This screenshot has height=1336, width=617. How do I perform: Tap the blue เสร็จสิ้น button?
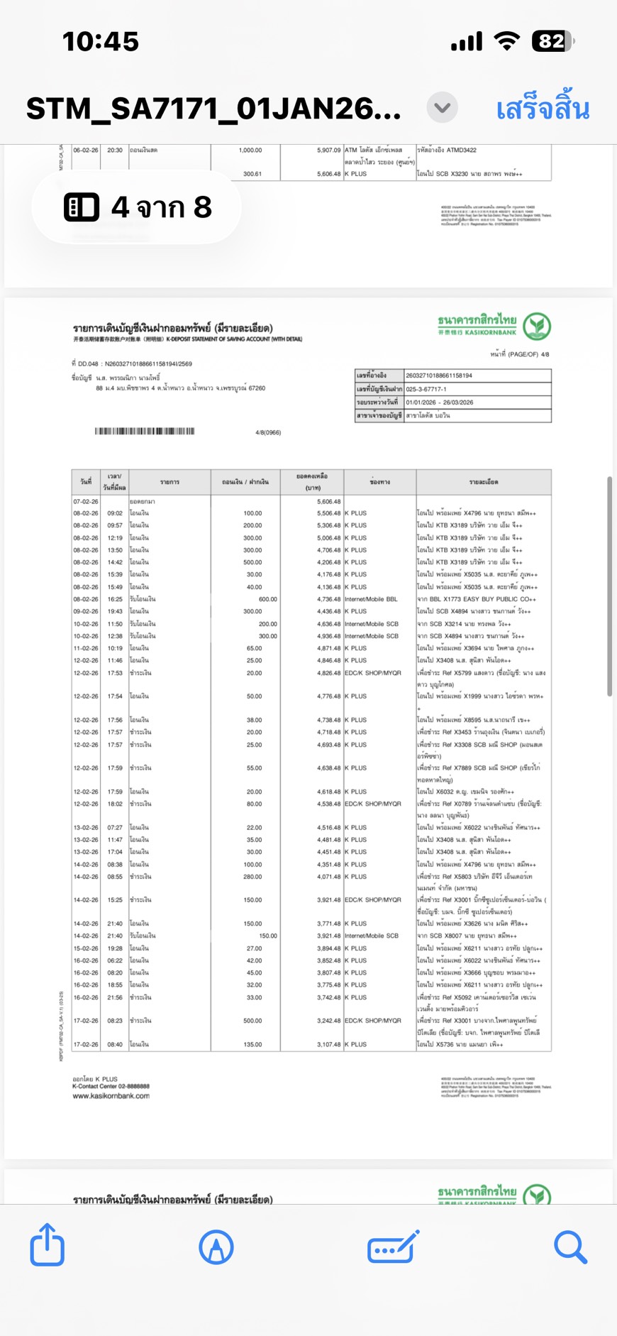(543, 109)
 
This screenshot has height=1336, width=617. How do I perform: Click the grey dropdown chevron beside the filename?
(442, 108)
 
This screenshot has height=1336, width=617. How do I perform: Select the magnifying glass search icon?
(570, 1247)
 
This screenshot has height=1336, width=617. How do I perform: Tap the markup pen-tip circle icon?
(216, 1247)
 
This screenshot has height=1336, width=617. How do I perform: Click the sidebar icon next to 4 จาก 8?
(82, 207)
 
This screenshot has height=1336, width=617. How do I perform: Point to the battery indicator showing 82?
(552, 41)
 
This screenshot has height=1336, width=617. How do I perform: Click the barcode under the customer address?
(145, 431)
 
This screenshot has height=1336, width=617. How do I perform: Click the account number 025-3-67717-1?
(426, 389)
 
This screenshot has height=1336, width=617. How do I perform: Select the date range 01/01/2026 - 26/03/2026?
(440, 402)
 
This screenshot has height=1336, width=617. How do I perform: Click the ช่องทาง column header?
(380, 482)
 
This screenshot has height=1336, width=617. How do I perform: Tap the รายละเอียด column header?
(483, 482)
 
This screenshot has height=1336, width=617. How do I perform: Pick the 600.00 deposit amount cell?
(267, 599)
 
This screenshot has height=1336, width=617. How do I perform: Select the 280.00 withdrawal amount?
(252, 877)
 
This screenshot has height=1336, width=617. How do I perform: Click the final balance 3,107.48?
(328, 1044)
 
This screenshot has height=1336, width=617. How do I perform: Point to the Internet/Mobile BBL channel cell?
(371, 599)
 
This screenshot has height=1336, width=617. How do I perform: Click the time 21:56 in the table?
(115, 997)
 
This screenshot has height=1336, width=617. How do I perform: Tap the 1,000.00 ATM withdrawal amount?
(250, 150)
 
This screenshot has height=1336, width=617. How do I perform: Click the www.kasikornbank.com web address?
(111, 1096)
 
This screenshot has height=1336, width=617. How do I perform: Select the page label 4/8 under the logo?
(545, 354)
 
